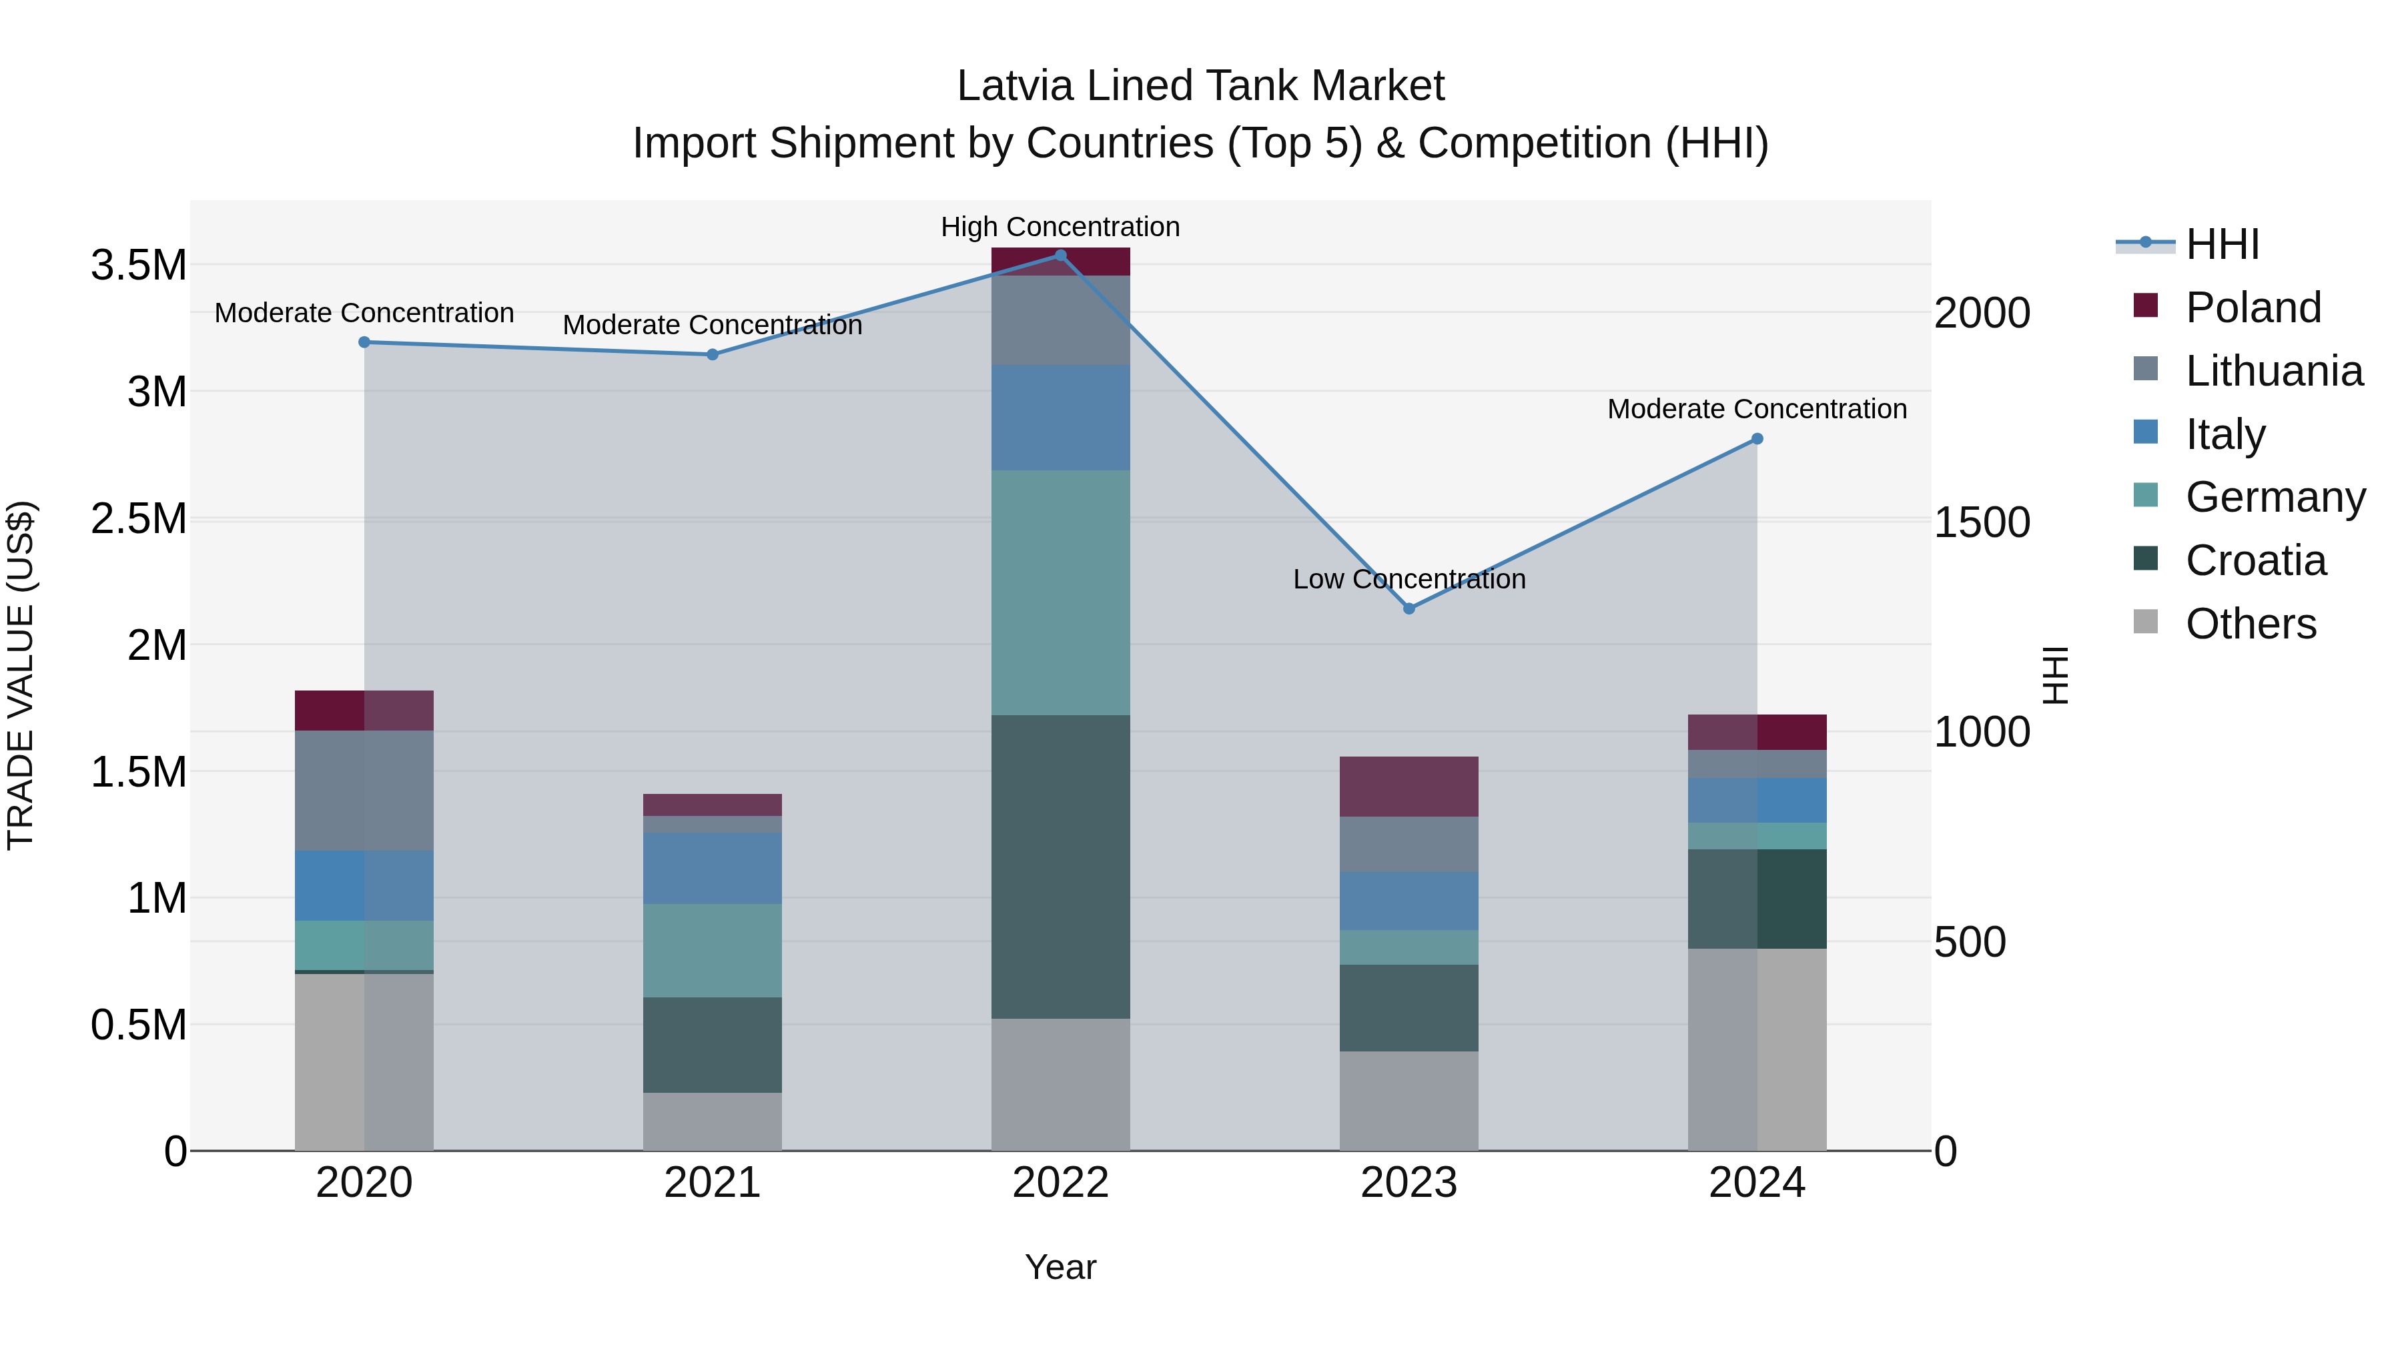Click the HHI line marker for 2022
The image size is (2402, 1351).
click(x=1060, y=256)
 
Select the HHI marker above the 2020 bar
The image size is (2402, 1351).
click(x=364, y=342)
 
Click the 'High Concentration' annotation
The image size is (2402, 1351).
click(x=1060, y=227)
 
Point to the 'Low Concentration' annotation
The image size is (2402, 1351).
click(x=1409, y=579)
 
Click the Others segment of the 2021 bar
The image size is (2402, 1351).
click(x=713, y=1121)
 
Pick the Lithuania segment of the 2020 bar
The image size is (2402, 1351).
click(x=364, y=790)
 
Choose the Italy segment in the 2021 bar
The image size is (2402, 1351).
click(x=713, y=867)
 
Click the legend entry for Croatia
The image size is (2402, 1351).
click(x=2255, y=560)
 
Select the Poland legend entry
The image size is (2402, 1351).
click(x=2252, y=308)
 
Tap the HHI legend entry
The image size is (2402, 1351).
click(x=2221, y=244)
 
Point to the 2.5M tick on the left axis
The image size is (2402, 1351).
click(x=139, y=518)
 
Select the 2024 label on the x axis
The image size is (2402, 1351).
click(x=1757, y=1182)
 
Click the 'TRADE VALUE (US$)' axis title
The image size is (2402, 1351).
click(x=21, y=675)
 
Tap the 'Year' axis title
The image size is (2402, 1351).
click(x=1060, y=1267)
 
